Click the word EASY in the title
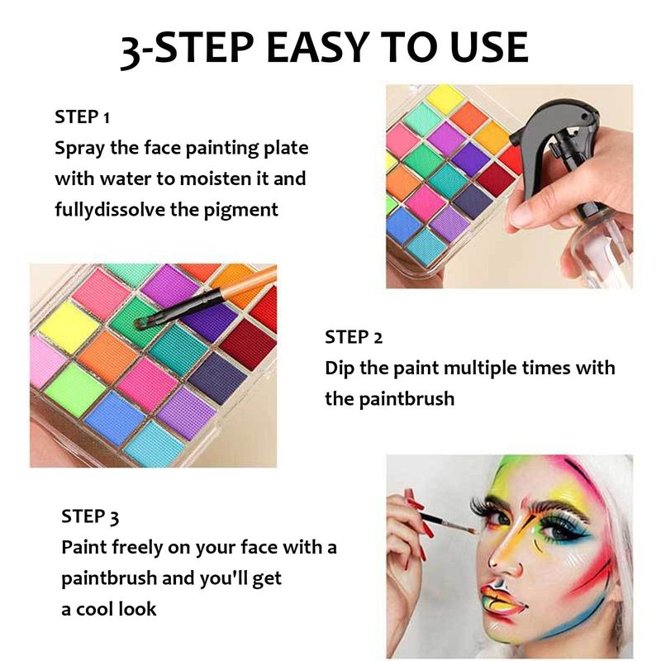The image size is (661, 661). pyautogui.click(x=318, y=47)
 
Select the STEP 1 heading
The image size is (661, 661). pyautogui.click(x=82, y=117)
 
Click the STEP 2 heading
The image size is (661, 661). pyautogui.click(x=354, y=337)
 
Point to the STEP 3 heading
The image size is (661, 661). pyautogui.click(x=90, y=516)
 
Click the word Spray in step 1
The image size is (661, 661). pyautogui.click(x=79, y=149)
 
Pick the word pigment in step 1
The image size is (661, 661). pyautogui.click(x=240, y=210)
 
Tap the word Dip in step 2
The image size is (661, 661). pyautogui.click(x=340, y=369)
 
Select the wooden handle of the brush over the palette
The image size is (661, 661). pyautogui.click(x=249, y=282)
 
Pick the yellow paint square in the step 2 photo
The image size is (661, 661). pyautogui.click(x=69, y=327)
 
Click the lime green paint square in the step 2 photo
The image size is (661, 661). pyautogui.click(x=75, y=390)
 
